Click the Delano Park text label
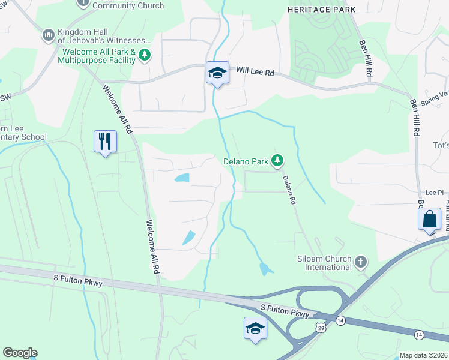(x=245, y=161)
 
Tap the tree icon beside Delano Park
(x=277, y=160)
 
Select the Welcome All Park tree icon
(x=144, y=56)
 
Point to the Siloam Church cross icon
(x=360, y=262)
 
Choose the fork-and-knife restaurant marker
(x=105, y=142)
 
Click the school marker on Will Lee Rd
(x=217, y=73)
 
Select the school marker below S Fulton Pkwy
(x=255, y=328)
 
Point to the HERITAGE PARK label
(x=321, y=10)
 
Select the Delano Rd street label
(x=289, y=190)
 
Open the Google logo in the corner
(x=20, y=353)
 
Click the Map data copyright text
(x=423, y=355)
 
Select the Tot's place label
(x=441, y=146)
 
